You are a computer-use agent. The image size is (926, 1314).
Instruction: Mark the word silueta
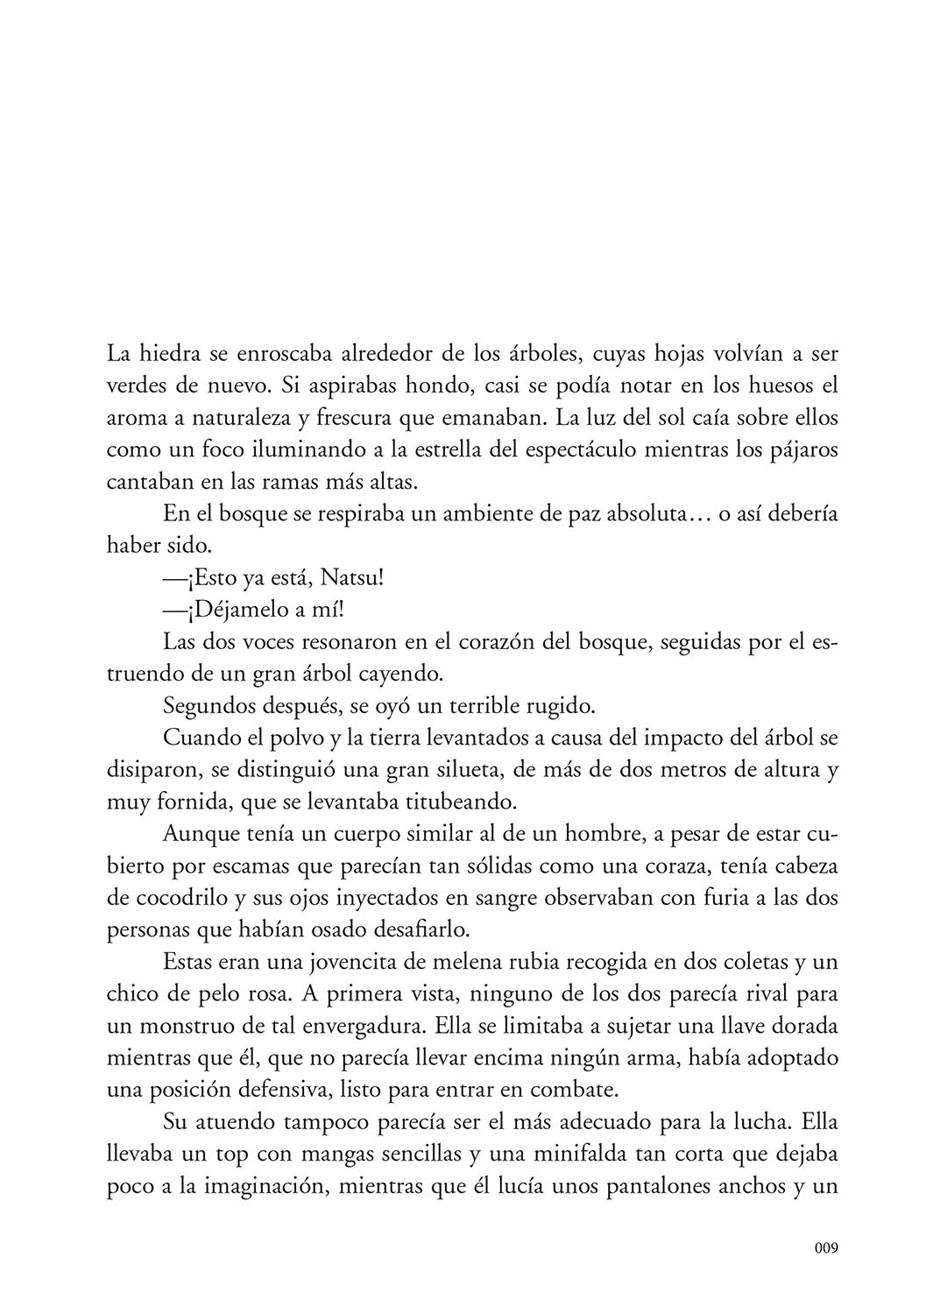(506, 772)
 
